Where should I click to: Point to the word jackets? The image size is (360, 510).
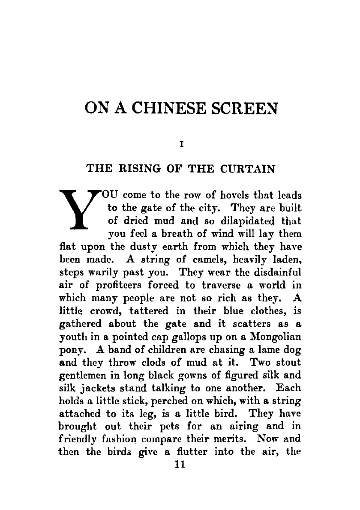[95, 388]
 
